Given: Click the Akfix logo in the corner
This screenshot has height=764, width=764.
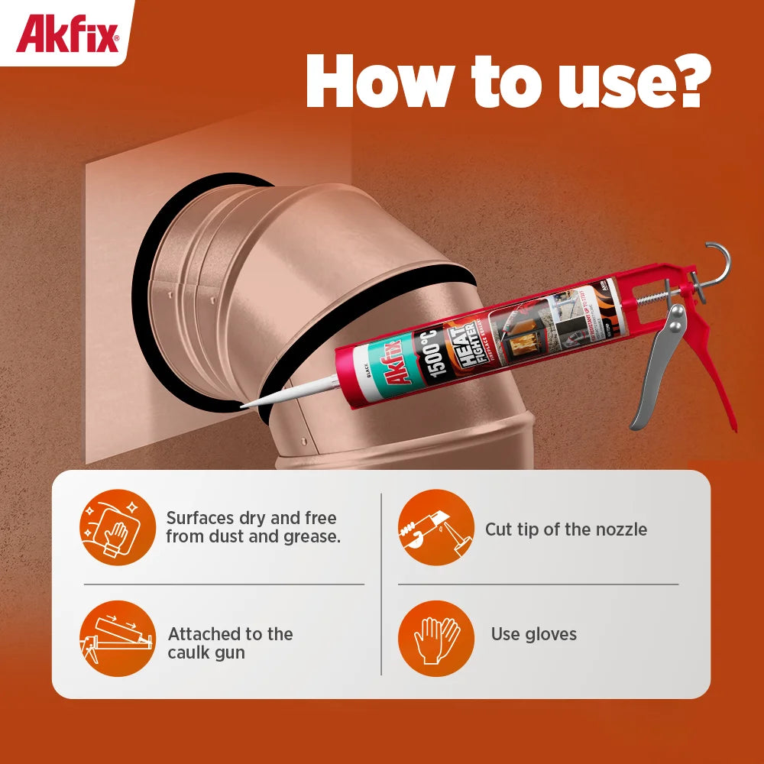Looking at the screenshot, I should point(67,34).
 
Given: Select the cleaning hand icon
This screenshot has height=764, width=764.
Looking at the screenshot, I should point(117,527).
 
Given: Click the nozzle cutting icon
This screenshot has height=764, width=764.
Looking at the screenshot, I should point(435,527).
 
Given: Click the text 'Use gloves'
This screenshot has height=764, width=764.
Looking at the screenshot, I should point(533,634).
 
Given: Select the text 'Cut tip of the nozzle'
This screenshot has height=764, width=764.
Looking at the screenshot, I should point(565,529).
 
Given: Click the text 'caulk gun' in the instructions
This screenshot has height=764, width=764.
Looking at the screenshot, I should point(206,653).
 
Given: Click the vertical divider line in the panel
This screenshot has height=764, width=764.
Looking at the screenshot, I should point(381,584).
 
